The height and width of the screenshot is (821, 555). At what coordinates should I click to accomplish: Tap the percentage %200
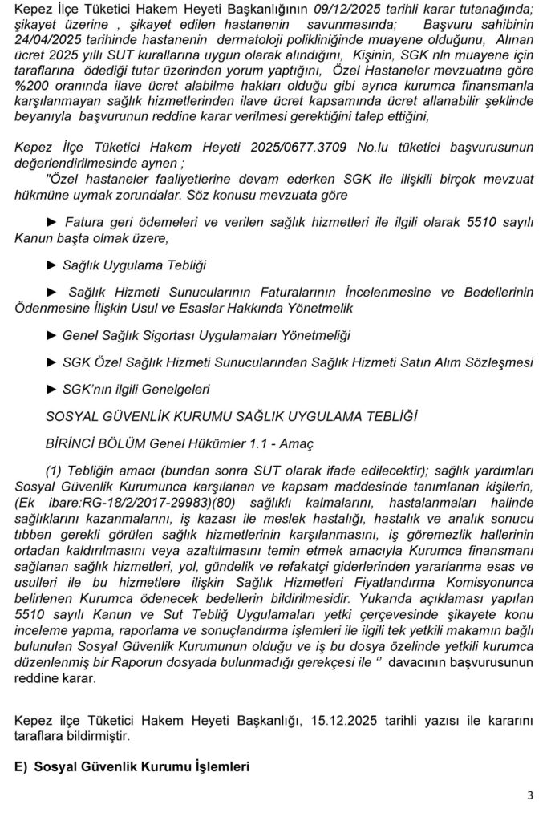tap(33, 88)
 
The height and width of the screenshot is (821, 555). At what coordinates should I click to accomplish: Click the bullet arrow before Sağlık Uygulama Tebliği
tap(53, 265)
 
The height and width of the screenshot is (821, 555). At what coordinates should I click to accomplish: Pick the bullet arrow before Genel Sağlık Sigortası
tap(53, 334)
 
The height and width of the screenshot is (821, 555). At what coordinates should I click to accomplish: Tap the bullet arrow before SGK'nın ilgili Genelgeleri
tap(53, 389)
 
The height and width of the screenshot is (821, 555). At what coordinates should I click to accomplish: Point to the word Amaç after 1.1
tap(296, 443)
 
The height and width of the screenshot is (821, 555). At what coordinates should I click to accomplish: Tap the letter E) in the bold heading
tap(21, 766)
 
